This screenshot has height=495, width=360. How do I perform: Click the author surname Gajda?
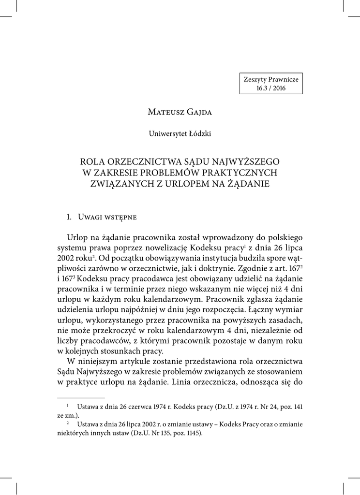tap(198, 113)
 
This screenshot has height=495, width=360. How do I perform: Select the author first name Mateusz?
tap(164, 113)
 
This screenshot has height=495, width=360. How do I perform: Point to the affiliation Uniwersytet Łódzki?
tap(180, 134)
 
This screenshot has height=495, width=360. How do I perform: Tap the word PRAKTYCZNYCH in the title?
tap(232, 172)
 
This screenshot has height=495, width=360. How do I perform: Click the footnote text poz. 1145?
tap(185, 433)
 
